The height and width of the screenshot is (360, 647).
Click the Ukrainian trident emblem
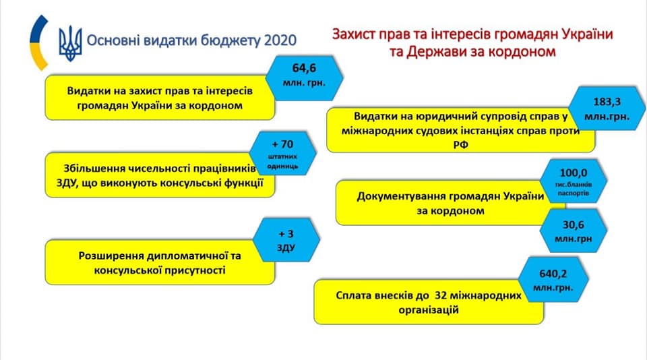[70, 43]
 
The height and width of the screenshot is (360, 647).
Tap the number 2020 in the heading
[280, 40]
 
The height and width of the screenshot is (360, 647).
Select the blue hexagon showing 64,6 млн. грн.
[304, 78]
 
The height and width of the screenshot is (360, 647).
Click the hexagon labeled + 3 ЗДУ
[286, 241]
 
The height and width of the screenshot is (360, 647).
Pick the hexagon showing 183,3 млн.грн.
[607, 109]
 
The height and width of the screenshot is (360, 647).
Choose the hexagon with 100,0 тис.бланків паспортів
[574, 181]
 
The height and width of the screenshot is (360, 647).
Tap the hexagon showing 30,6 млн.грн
[573, 231]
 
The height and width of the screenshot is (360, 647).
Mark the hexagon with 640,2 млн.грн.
[553, 280]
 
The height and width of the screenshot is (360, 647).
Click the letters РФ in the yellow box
[460, 145]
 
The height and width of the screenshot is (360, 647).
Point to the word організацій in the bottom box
[429, 310]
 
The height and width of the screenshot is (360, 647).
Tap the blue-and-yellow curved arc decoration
[37, 43]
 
